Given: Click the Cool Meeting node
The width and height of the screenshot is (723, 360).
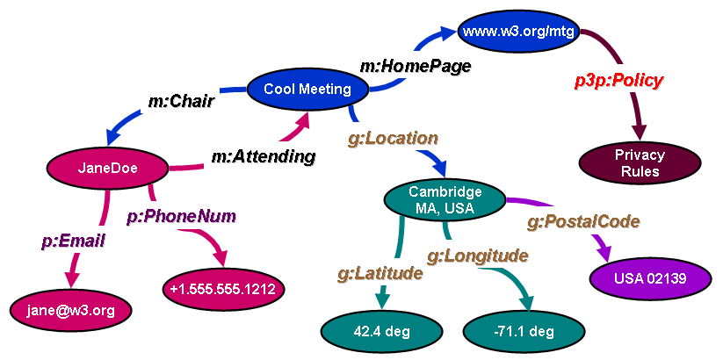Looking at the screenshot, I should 307,89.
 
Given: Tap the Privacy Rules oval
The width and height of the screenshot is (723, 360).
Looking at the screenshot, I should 640,162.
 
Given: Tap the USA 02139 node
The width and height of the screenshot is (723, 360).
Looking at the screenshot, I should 649,279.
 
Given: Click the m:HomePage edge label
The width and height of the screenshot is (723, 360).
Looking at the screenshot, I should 416,65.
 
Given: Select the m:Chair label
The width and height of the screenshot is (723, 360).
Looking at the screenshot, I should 181,101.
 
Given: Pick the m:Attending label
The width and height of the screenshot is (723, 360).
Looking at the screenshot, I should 263,157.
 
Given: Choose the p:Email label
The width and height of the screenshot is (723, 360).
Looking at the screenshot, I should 73,240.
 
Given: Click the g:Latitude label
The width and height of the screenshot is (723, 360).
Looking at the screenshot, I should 380,273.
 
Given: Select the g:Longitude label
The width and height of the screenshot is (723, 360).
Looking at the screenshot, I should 477,256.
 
